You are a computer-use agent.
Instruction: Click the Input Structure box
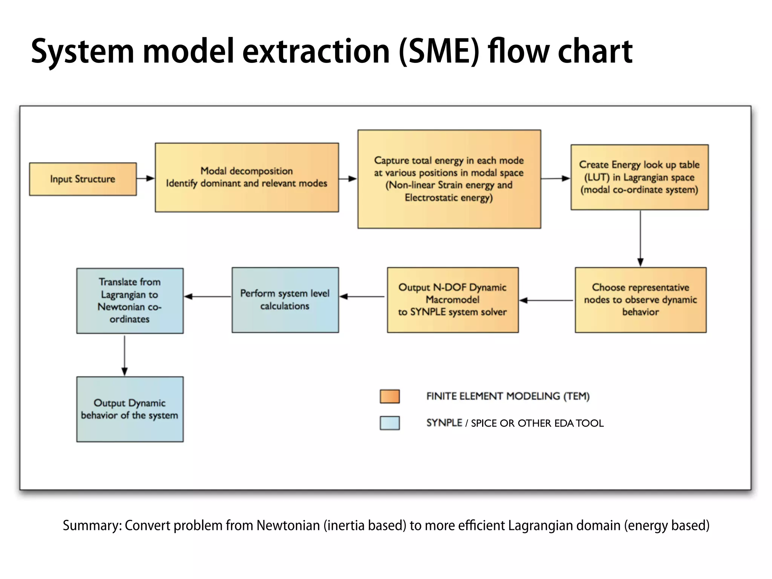pyautogui.click(x=83, y=179)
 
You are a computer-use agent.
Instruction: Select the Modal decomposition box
pyautogui.click(x=247, y=177)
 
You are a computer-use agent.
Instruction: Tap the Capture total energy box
pyautogui.click(x=449, y=179)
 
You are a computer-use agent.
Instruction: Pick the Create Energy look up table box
pyautogui.click(x=639, y=177)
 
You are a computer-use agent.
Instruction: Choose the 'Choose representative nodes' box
pyautogui.click(x=640, y=300)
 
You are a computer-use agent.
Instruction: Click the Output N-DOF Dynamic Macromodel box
pyautogui.click(x=453, y=300)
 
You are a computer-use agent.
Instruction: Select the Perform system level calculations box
pyautogui.click(x=285, y=300)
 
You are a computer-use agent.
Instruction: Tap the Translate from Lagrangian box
pyautogui.click(x=130, y=300)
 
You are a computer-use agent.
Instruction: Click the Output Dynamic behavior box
pyautogui.click(x=130, y=409)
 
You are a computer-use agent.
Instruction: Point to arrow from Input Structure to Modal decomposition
pyautogui.click(x=146, y=178)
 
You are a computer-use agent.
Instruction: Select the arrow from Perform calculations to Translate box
pyautogui.click(x=207, y=297)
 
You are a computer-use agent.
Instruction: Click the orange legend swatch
pyautogui.click(x=389, y=396)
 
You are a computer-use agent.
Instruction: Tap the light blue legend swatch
pyautogui.click(x=389, y=423)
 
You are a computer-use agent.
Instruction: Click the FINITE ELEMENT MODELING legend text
pyautogui.click(x=508, y=396)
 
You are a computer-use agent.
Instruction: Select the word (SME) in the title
pyautogui.click(x=439, y=52)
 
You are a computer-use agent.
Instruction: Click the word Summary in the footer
pyautogui.click(x=92, y=525)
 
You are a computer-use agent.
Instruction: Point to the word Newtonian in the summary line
pyautogui.click(x=288, y=525)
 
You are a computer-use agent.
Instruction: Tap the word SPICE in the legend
pyautogui.click(x=484, y=423)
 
